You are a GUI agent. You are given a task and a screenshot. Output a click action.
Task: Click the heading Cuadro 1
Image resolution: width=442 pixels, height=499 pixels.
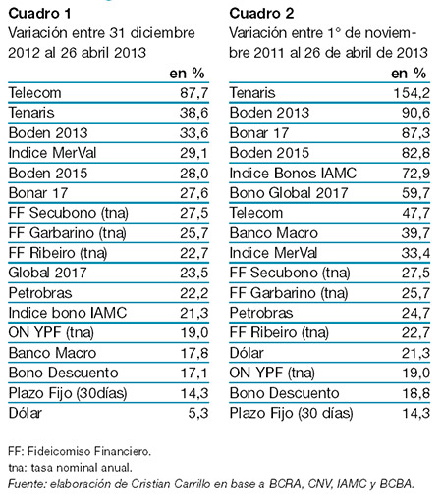(40, 12)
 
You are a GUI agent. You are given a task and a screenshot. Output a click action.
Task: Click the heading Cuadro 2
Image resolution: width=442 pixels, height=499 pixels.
(261, 12)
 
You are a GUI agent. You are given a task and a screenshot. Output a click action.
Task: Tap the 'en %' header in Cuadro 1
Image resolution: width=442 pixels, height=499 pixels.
(185, 73)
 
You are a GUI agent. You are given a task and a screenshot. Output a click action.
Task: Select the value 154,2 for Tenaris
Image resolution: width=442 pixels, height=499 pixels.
(407, 92)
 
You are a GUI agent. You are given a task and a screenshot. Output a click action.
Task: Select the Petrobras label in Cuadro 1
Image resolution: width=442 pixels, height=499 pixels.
(38, 292)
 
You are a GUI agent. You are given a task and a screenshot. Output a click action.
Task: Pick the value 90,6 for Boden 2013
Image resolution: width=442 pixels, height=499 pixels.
(411, 113)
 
